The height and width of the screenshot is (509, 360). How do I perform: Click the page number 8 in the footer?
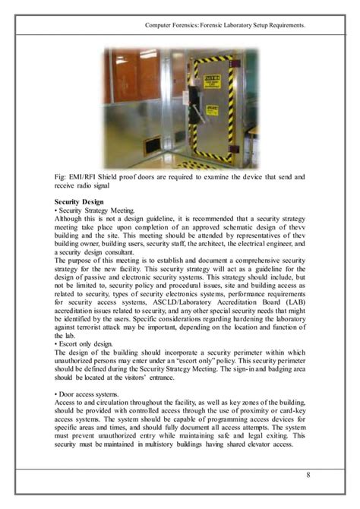[308, 476]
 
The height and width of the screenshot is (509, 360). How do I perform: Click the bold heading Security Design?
[81, 201]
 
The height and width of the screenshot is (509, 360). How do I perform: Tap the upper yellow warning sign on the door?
[216, 77]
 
